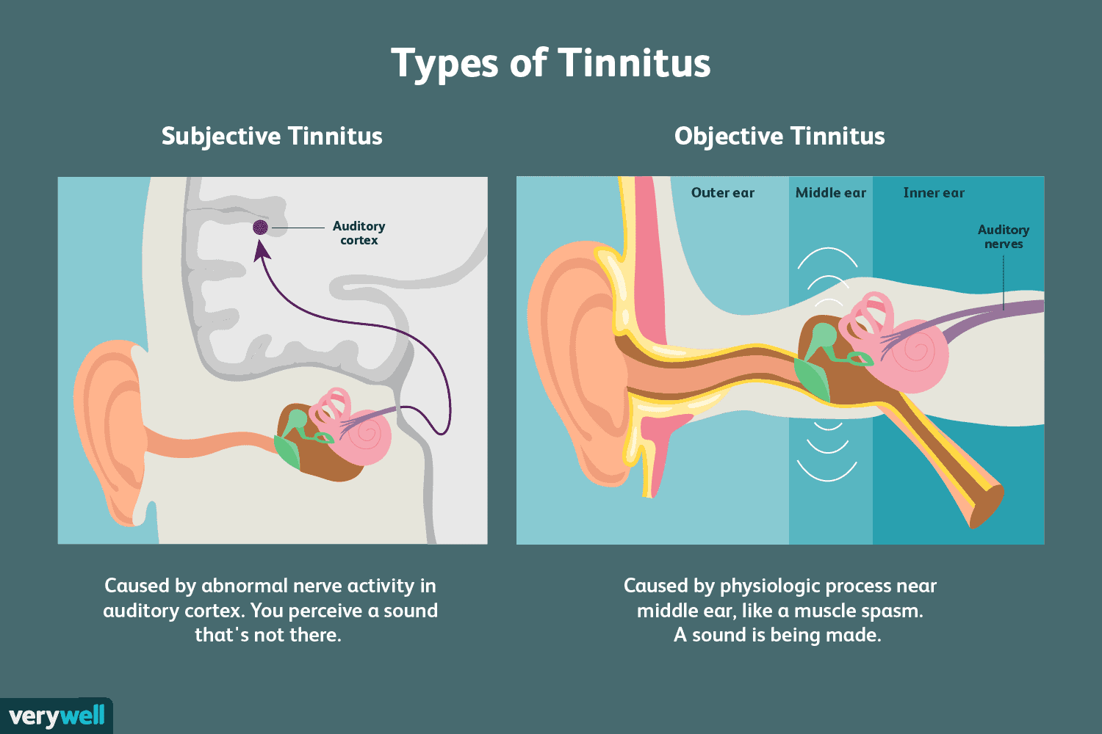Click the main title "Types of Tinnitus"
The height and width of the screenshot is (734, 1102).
pos(550,63)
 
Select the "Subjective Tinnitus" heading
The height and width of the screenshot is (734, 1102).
pos(272,137)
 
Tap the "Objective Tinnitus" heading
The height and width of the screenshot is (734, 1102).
pos(779,137)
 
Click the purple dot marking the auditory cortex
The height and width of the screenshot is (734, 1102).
pos(260,227)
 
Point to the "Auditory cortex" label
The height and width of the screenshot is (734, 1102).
pos(359,233)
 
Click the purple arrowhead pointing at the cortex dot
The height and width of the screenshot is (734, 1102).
pos(262,251)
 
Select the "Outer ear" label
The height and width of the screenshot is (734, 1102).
pos(722,193)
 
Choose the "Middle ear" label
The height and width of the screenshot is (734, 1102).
pos(830,193)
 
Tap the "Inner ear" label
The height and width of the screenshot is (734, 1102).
pos(934,193)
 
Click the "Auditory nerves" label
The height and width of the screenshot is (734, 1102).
pos(1003,236)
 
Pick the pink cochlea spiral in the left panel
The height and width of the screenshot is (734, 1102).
pos(366,437)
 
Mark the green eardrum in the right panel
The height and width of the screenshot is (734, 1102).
pos(813,379)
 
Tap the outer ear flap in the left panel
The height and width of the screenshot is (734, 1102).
pos(111,432)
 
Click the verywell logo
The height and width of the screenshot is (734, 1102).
pos(57,716)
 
